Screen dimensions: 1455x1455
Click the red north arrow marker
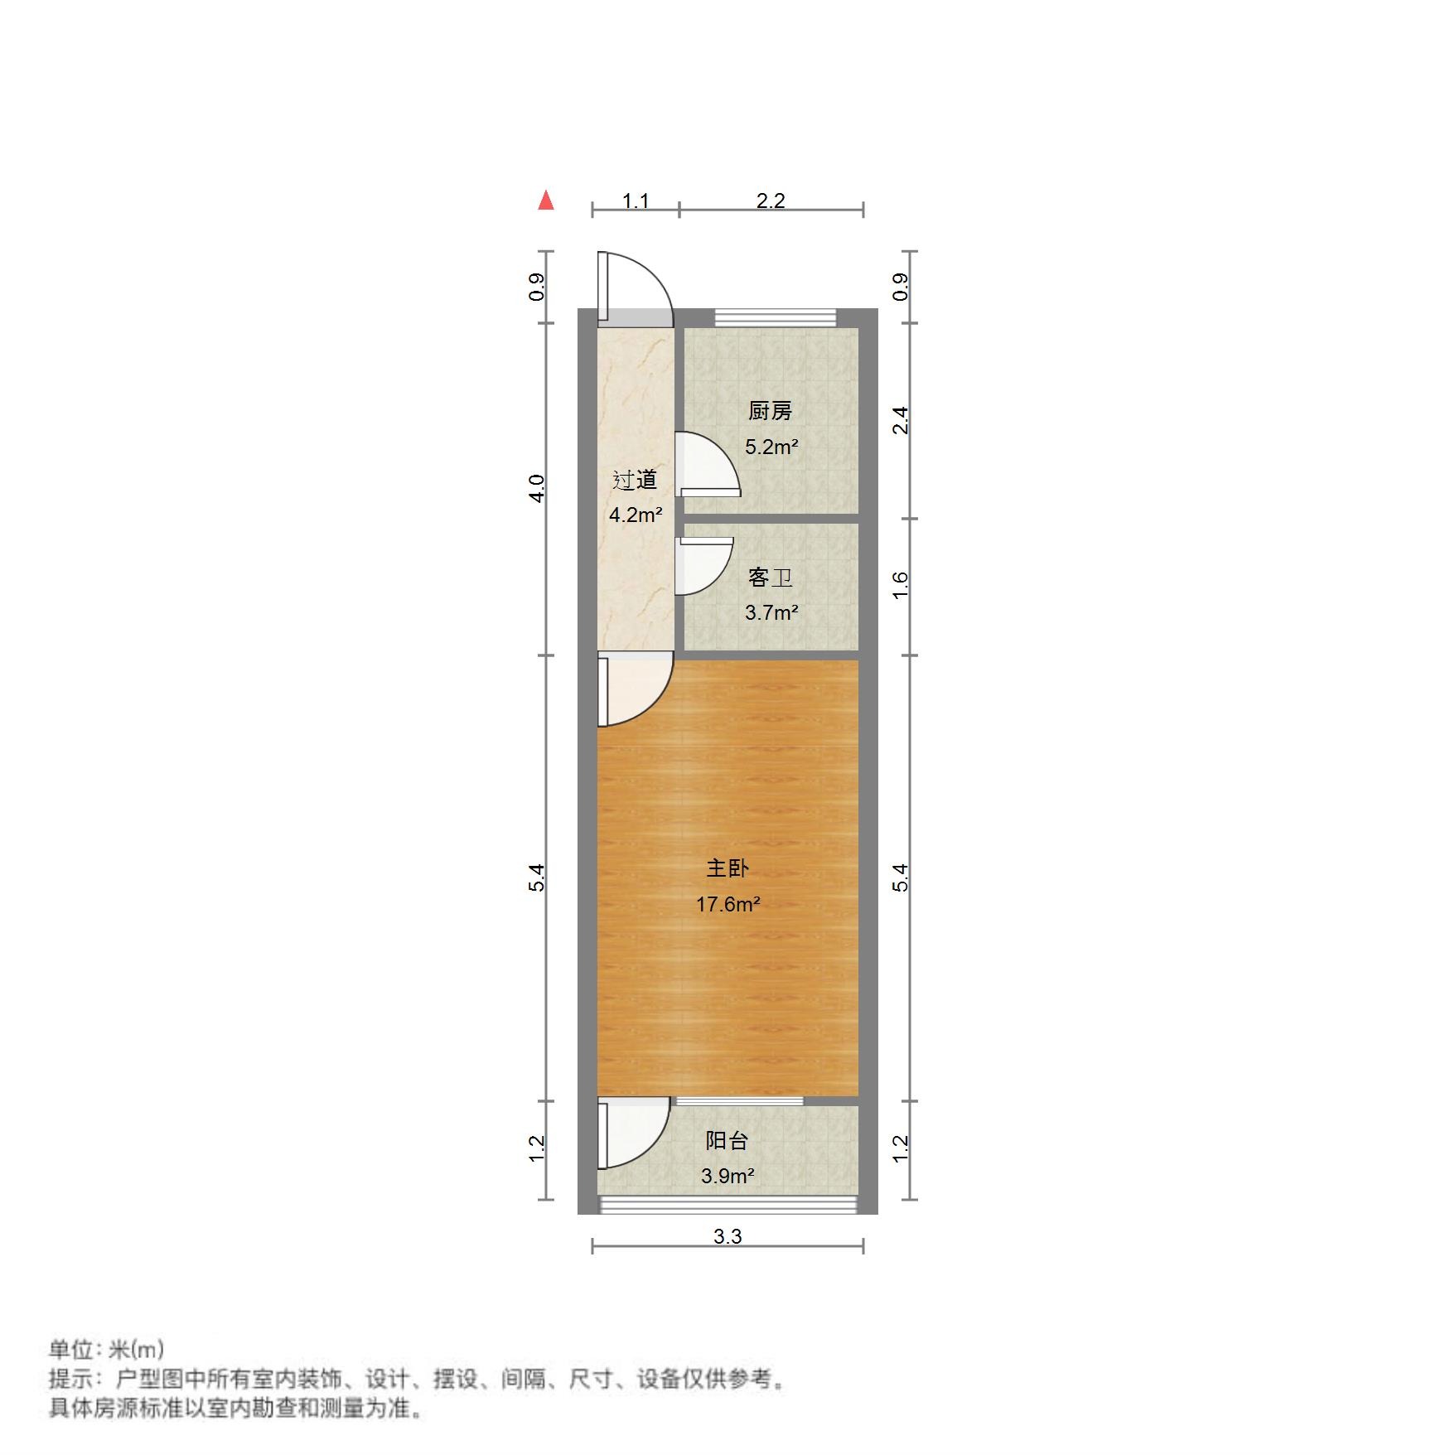tap(545, 201)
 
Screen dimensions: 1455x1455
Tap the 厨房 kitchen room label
tap(770, 410)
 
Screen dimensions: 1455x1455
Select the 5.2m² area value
tap(771, 447)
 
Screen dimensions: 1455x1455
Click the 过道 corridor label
tap(635, 480)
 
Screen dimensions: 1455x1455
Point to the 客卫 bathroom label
tap(770, 577)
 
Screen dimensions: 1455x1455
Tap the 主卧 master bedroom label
tap(727, 868)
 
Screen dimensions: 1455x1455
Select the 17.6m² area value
tap(727, 904)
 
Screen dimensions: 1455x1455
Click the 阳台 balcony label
tap(727, 1140)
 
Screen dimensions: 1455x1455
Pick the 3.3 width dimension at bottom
tap(727, 1236)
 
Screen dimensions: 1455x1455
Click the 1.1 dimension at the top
tap(636, 201)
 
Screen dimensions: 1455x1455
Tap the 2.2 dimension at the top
tap(771, 201)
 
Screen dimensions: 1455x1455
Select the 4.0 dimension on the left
tap(538, 488)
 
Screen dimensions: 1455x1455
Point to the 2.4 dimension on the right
tap(901, 420)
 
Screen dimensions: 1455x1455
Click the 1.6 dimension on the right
tap(901, 586)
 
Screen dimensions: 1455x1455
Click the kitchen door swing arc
tap(708, 464)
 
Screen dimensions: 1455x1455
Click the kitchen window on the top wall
tap(775, 317)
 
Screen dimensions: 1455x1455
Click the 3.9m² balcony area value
tap(727, 1176)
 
